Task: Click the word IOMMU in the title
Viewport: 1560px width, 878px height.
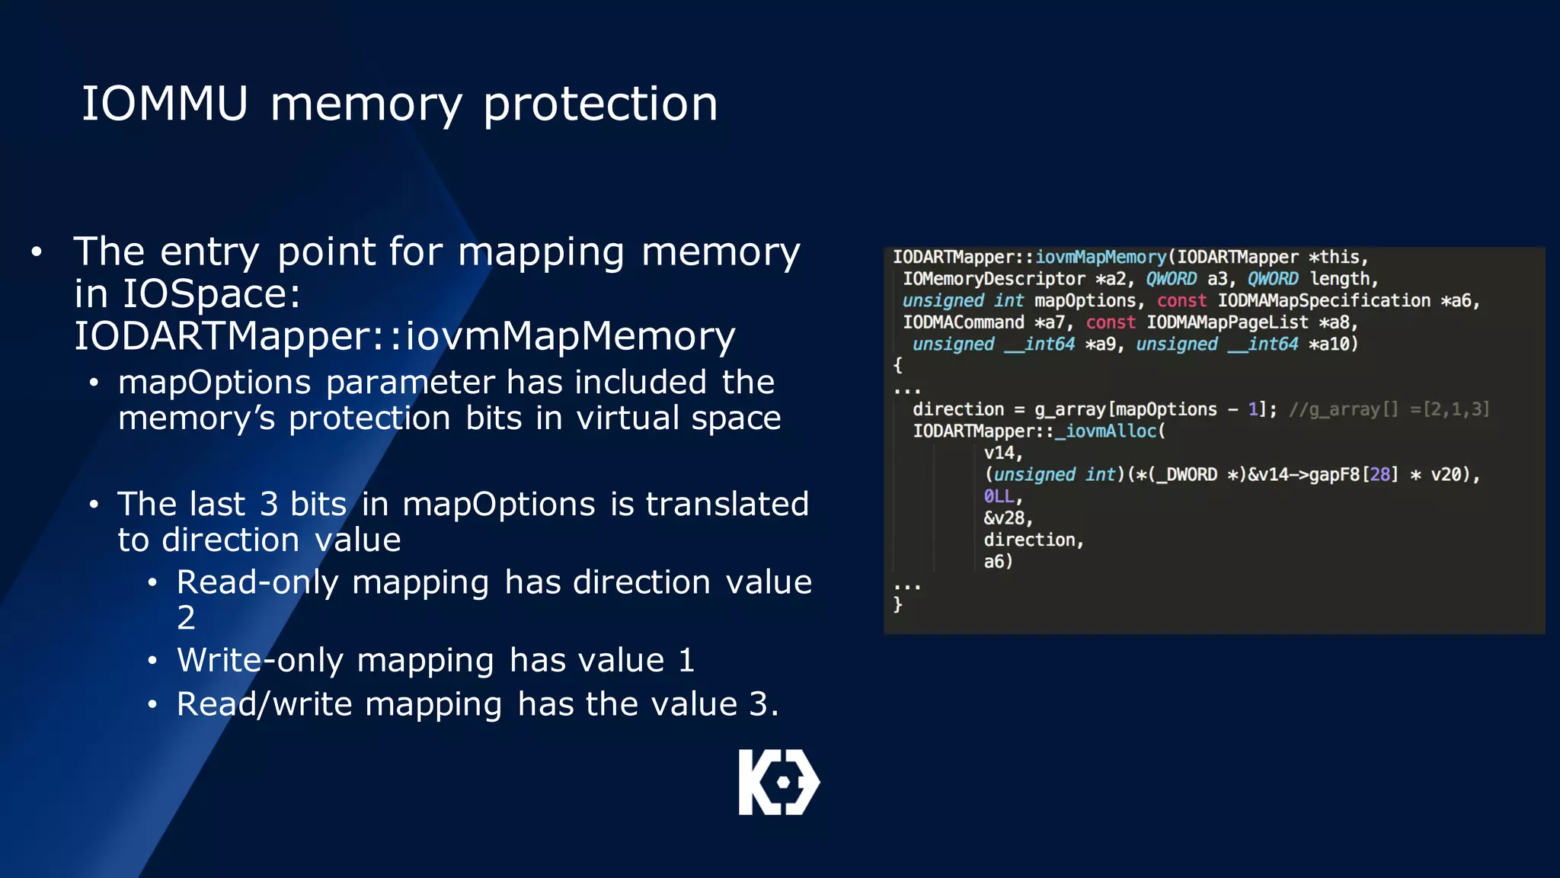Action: [165, 104]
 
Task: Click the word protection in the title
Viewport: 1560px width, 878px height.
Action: [600, 104]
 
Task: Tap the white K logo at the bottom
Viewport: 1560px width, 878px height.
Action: [778, 782]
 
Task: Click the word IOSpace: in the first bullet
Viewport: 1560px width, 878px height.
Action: [211, 294]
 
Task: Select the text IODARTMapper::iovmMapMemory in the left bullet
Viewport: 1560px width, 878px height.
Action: [404, 336]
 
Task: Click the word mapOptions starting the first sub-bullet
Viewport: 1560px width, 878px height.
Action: [214, 382]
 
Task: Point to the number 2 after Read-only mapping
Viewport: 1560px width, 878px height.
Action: [186, 617]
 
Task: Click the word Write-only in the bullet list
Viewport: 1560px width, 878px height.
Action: [260, 660]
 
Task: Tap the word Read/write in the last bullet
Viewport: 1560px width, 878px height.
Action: [263, 704]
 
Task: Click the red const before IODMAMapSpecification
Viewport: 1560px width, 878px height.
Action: [1181, 301]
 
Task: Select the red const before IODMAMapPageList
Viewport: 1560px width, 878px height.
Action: [1110, 322]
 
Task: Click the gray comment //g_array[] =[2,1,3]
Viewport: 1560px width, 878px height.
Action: [1389, 409]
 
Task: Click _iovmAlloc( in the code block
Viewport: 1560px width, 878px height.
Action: [1110, 431]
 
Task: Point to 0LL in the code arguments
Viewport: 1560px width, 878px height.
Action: [999, 496]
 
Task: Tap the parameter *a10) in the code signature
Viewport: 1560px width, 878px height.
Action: [1333, 344]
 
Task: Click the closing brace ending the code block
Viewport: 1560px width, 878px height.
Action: [898, 604]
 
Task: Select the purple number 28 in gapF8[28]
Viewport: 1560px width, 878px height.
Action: [1379, 475]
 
